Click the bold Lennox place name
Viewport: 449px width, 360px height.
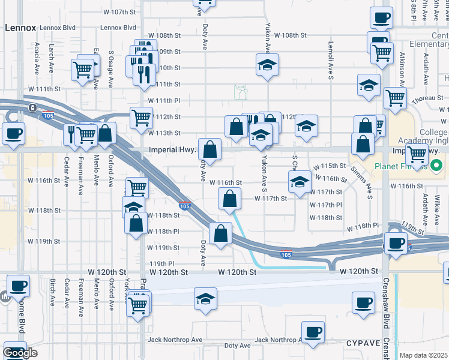coord(20,28)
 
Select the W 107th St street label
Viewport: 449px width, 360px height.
coord(121,12)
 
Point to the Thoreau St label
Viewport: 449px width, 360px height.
coord(427,98)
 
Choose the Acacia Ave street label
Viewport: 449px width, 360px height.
coord(37,59)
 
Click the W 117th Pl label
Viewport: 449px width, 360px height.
coord(327,205)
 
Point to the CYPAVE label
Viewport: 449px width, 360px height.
coord(364,343)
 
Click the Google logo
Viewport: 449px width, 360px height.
coord(20,353)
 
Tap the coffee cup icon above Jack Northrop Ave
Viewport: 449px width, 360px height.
coord(312,332)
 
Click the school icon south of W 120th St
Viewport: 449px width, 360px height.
coord(205,298)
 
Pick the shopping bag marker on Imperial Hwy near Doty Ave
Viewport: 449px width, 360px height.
coord(210,149)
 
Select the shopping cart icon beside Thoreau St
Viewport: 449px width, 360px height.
coord(395,97)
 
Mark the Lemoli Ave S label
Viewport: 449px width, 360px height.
coord(331,61)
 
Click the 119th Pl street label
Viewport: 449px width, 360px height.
coord(161,263)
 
